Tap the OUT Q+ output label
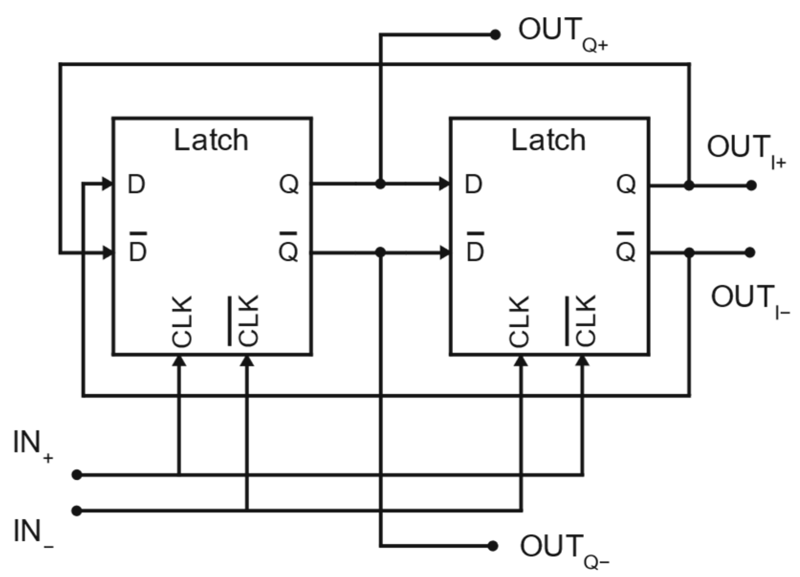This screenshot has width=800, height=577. (562, 32)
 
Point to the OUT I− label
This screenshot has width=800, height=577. (749, 299)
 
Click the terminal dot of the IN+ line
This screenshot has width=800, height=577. (77, 475)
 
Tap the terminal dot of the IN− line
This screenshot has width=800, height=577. (77, 511)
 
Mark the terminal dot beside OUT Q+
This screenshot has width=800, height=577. (495, 34)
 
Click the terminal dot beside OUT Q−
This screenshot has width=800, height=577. (493, 545)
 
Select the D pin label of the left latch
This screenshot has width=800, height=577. (136, 184)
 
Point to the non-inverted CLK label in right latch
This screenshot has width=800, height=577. (520, 321)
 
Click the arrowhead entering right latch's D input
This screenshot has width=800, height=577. (444, 183)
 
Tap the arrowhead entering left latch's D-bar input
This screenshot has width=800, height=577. (108, 253)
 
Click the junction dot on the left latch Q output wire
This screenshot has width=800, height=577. (380, 184)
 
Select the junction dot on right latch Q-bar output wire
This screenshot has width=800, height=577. (689, 253)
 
